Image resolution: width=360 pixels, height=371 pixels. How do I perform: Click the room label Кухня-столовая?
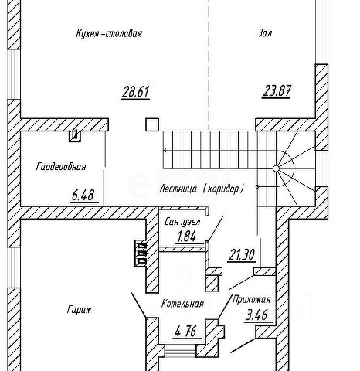click(109, 34)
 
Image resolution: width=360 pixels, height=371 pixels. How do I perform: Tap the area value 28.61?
click(135, 92)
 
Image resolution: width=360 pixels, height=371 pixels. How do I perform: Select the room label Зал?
click(265, 33)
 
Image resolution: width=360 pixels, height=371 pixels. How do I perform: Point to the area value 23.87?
click(277, 91)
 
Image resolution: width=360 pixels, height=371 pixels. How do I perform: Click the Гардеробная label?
click(61, 167)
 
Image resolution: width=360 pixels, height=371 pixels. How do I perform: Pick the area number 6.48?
click(83, 195)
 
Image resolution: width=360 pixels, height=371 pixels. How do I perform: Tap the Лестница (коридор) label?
click(202, 189)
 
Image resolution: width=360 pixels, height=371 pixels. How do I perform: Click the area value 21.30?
click(242, 255)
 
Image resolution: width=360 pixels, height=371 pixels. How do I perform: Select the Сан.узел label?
click(182, 222)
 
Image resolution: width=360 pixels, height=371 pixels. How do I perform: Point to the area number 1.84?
click(187, 237)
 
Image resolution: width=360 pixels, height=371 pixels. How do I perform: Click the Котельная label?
click(182, 304)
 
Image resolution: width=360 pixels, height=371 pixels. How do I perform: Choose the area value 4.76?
click(186, 332)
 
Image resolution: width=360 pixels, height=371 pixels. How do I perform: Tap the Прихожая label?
click(252, 300)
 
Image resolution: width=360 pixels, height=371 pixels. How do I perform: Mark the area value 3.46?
click(258, 315)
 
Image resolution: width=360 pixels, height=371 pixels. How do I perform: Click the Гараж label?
click(80, 309)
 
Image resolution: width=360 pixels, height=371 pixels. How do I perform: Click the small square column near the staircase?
click(152, 124)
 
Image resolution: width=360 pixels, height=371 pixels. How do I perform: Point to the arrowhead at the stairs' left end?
click(165, 151)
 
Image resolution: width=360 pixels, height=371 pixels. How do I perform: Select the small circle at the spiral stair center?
click(276, 168)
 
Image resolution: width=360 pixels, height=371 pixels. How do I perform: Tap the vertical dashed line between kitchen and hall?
click(209, 65)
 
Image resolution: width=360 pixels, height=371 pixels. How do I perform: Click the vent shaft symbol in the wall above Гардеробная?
click(75, 136)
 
